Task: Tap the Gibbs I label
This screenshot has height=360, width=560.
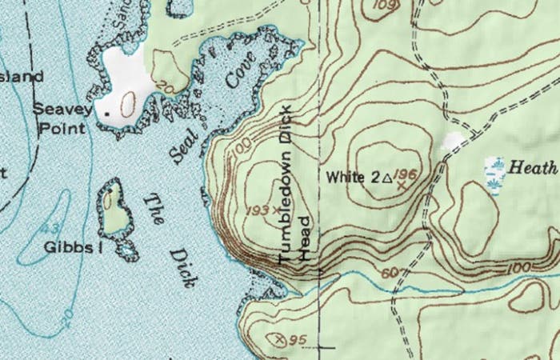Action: click(x=74, y=247)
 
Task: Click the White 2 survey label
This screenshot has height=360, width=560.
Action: click(x=352, y=177)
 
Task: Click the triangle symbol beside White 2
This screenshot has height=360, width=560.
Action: click(x=386, y=178)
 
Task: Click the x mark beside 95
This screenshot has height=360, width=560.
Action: click(x=280, y=339)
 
